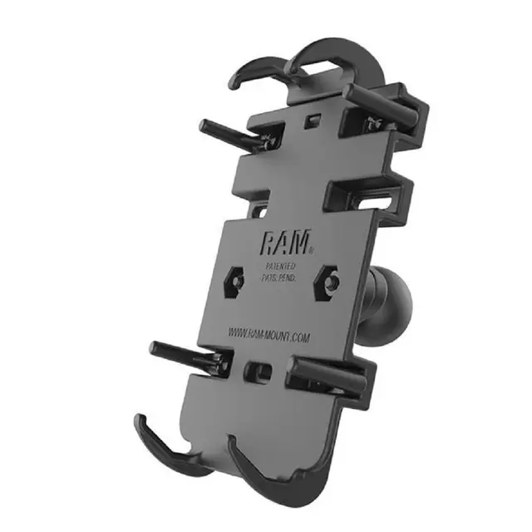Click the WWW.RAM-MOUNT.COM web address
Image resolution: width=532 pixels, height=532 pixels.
[268, 335]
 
